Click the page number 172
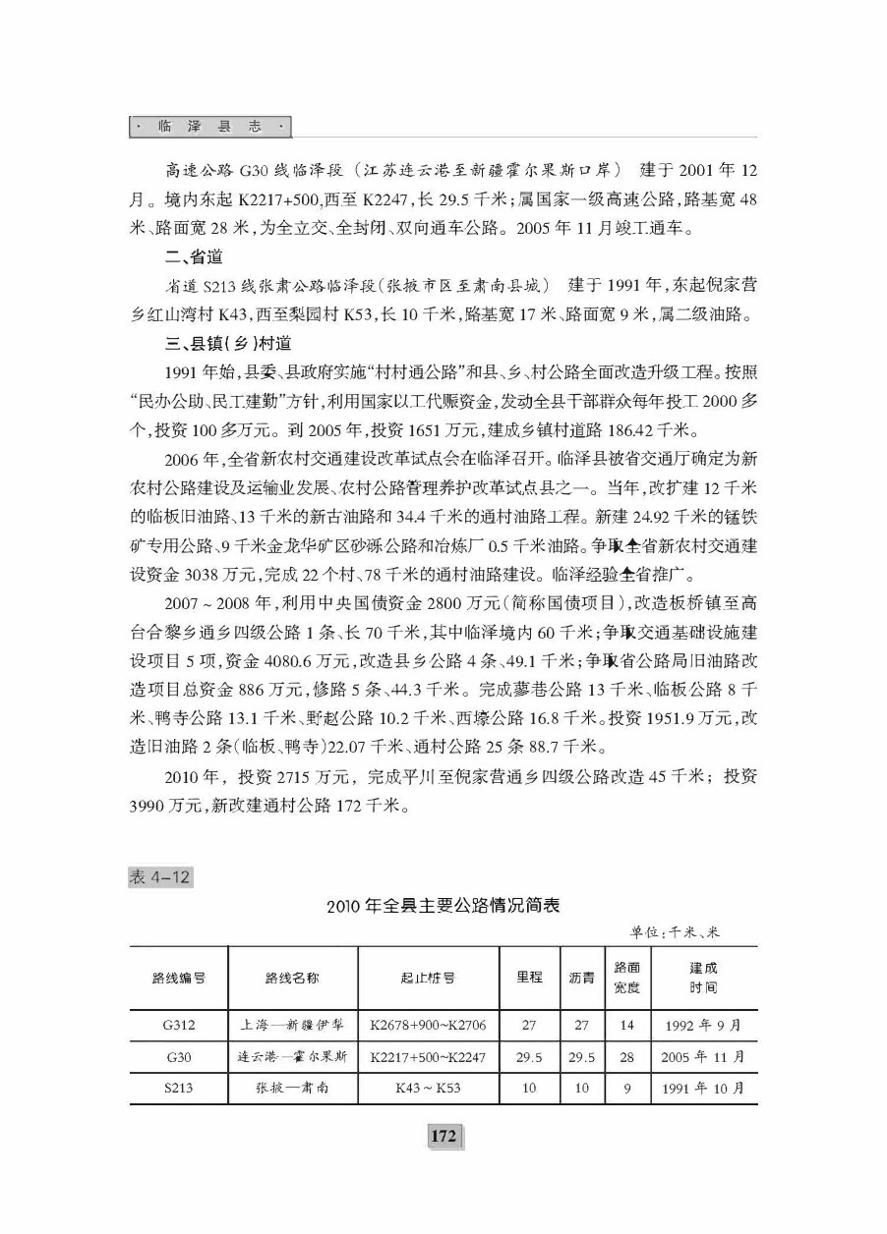[443, 1137]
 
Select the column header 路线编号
[178, 978]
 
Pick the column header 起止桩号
[427, 978]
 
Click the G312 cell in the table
[179, 1025]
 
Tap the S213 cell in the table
[179, 1088]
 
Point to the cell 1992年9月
[703, 1025]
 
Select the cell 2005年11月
[704, 1056]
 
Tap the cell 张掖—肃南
[292, 1088]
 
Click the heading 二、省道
[194, 258]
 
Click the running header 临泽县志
[209, 127]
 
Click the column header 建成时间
[703, 978]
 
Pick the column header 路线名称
[292, 978]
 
